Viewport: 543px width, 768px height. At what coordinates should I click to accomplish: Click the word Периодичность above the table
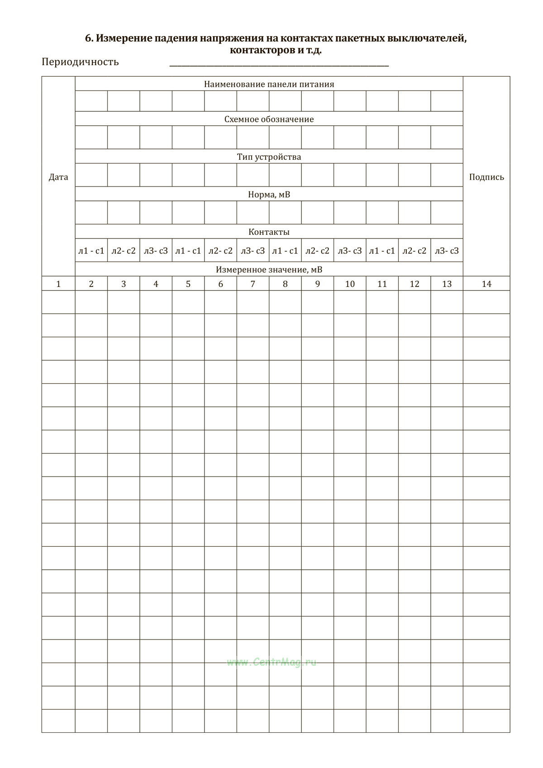80,62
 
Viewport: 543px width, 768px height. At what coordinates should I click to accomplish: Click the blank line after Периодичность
279,65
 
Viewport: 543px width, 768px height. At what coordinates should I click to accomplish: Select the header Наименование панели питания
269,84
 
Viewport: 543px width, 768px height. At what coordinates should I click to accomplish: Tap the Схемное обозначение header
269,119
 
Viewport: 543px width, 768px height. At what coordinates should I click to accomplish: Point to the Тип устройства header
269,157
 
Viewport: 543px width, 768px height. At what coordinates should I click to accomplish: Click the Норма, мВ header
269,195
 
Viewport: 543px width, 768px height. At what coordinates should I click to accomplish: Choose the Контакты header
269,232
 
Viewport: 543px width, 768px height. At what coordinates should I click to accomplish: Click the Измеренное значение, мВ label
269,270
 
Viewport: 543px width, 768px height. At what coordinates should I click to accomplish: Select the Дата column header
58,177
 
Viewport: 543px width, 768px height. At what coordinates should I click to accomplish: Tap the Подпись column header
486,177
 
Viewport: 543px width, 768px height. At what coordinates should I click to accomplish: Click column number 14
486,284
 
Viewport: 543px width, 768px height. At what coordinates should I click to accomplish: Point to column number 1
58,284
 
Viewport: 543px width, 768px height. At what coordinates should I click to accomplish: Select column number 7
252,284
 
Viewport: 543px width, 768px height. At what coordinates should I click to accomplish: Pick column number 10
350,284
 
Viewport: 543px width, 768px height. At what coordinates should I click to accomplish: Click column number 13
447,284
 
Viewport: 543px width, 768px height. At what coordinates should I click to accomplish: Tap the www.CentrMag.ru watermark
271,662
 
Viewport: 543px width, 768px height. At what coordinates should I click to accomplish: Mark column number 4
156,284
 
